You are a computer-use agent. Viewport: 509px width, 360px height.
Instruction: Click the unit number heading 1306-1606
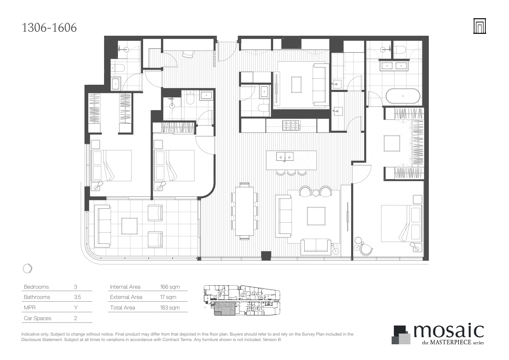click(x=49, y=28)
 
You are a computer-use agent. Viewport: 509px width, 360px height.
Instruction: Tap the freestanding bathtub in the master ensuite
click(x=403, y=96)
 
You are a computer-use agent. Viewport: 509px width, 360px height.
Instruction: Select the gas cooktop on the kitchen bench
click(x=291, y=125)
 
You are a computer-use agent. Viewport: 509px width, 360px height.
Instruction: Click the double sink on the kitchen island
click(x=285, y=156)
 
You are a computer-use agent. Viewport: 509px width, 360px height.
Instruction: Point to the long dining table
click(x=244, y=211)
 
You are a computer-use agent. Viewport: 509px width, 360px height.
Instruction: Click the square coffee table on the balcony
click(x=129, y=226)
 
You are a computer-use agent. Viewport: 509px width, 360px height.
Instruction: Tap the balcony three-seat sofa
click(x=104, y=226)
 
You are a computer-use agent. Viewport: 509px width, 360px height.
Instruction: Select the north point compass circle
click(x=28, y=268)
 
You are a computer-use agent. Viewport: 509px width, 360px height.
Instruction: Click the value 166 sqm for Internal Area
click(x=170, y=287)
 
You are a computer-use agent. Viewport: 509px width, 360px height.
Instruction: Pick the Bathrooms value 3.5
click(x=77, y=297)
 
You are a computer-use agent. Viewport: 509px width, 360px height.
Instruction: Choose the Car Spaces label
click(x=38, y=318)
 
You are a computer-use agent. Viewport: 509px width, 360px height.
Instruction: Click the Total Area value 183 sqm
click(x=170, y=307)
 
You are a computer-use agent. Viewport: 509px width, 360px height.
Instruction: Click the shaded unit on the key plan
click(x=224, y=309)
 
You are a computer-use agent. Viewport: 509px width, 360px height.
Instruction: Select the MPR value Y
click(x=76, y=307)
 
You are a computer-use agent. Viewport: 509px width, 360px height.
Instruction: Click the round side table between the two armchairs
click(x=316, y=193)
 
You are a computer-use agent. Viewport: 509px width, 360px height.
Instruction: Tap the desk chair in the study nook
click(x=189, y=54)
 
